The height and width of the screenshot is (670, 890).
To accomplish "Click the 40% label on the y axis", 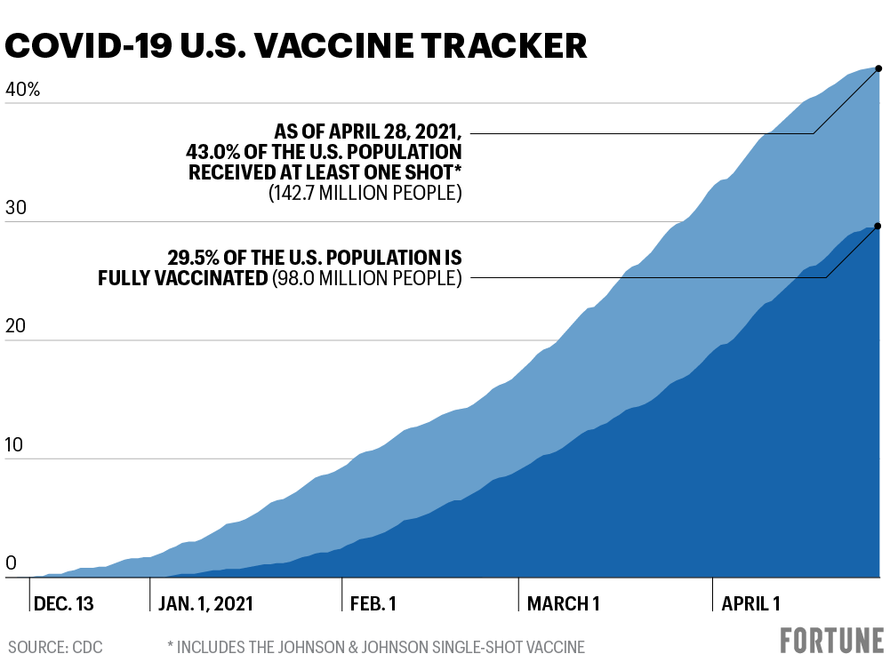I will pyautogui.click(x=23, y=90).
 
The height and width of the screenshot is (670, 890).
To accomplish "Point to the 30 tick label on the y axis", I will pyautogui.click(x=18, y=208).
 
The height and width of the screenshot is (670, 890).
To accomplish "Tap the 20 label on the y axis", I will pyautogui.click(x=18, y=327).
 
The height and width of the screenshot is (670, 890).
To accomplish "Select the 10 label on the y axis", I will pyautogui.click(x=17, y=445).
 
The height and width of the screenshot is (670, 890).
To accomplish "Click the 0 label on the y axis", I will pyautogui.click(x=12, y=563).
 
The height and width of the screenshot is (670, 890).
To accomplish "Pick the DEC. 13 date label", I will pyautogui.click(x=63, y=604).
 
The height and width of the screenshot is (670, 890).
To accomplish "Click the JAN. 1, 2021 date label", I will pyautogui.click(x=205, y=604).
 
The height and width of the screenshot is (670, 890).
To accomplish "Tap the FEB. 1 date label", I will pyautogui.click(x=373, y=604).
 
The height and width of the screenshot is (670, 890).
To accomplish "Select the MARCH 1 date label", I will pyautogui.click(x=563, y=604).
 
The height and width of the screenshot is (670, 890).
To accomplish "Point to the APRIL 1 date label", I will pyautogui.click(x=750, y=604).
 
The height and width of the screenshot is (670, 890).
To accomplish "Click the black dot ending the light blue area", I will pyautogui.click(x=878, y=68).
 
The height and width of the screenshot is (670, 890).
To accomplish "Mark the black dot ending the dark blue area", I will pyautogui.click(x=878, y=226).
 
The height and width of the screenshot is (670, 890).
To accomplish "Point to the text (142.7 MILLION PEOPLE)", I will pyautogui.click(x=365, y=193).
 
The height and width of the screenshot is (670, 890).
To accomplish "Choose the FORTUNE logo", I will pyautogui.click(x=832, y=641).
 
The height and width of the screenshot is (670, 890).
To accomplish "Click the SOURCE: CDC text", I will pyautogui.click(x=55, y=648).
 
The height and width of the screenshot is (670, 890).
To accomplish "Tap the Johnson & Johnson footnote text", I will pyautogui.click(x=375, y=648).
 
